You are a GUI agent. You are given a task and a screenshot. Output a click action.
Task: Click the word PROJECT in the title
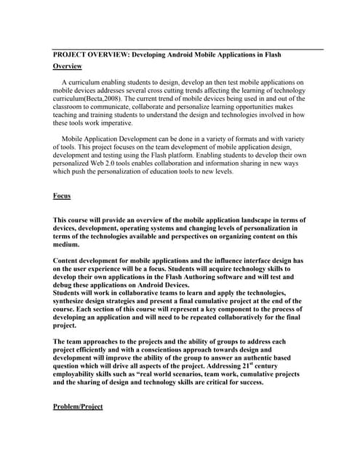tap(71, 55)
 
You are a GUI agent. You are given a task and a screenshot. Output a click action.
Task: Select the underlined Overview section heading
tap(68, 66)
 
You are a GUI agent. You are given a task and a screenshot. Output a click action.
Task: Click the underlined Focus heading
tap(62, 196)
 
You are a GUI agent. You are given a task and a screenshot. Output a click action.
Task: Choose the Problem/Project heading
tap(78, 406)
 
